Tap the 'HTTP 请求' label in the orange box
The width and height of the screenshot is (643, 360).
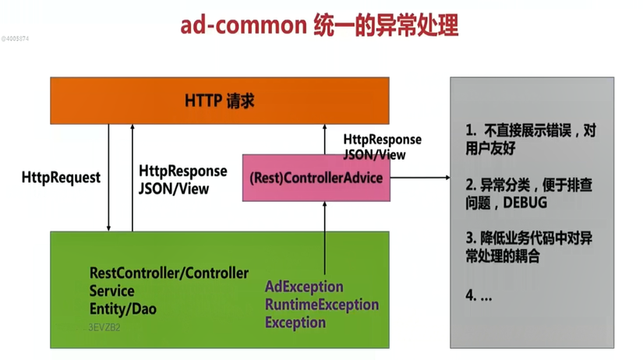click(x=220, y=101)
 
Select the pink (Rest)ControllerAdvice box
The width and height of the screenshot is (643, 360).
click(x=316, y=178)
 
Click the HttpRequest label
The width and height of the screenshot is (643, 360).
click(x=62, y=178)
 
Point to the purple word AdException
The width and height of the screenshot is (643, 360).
click(x=305, y=287)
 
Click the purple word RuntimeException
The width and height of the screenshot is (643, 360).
click(x=322, y=305)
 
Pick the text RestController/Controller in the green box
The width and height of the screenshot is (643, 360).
click(x=169, y=274)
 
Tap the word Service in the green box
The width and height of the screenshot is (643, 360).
click(x=112, y=291)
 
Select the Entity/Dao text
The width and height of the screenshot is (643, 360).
click(x=123, y=309)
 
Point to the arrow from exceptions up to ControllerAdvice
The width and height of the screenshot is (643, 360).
click(x=325, y=234)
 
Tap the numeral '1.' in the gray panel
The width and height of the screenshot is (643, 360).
click(x=471, y=129)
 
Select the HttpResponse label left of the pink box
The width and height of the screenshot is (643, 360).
click(x=182, y=171)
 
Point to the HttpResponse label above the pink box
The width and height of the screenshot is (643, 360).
click(x=382, y=139)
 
